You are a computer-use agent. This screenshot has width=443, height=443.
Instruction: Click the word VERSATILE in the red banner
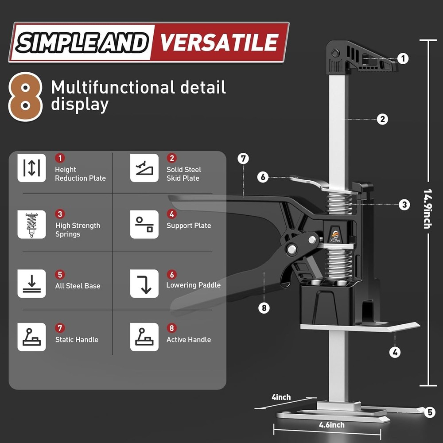pyautogui.click(x=219, y=43)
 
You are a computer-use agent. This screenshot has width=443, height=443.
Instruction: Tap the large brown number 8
pyautogui.click(x=25, y=97)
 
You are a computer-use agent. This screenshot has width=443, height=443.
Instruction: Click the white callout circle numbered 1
pyautogui.click(x=403, y=58)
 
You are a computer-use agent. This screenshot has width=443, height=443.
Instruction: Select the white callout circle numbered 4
pyautogui.click(x=395, y=352)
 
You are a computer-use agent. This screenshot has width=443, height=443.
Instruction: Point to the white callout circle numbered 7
pyautogui.click(x=243, y=159)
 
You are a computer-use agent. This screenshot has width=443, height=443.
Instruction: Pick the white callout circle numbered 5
pyautogui.click(x=430, y=412)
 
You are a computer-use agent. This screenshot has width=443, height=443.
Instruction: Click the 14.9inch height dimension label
pyautogui.click(x=427, y=209)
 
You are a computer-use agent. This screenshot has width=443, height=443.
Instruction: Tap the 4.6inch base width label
pyautogui.click(x=332, y=425)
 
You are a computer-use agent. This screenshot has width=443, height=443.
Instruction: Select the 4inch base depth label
pyautogui.click(x=281, y=397)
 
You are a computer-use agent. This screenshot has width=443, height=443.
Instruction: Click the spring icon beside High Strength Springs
pyautogui.click(x=31, y=225)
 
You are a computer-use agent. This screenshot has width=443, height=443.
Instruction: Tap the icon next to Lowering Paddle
pyautogui.click(x=144, y=284)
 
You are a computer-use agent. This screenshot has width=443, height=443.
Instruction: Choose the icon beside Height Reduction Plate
pyautogui.click(x=31, y=168)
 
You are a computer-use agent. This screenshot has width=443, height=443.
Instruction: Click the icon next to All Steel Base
pyautogui.click(x=31, y=284)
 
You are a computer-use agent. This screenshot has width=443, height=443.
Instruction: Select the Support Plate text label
pyautogui.click(x=189, y=225)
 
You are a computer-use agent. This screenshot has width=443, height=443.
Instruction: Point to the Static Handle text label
pyautogui.click(x=77, y=339)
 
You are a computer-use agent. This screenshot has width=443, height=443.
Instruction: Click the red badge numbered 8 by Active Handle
pyautogui.click(x=171, y=328)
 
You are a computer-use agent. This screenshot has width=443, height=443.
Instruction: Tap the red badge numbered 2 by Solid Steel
pyautogui.click(x=171, y=158)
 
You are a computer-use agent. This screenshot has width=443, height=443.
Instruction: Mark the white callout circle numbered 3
pyautogui.click(x=404, y=205)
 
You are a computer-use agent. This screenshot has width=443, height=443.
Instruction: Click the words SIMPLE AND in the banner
pyautogui.click(x=82, y=43)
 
